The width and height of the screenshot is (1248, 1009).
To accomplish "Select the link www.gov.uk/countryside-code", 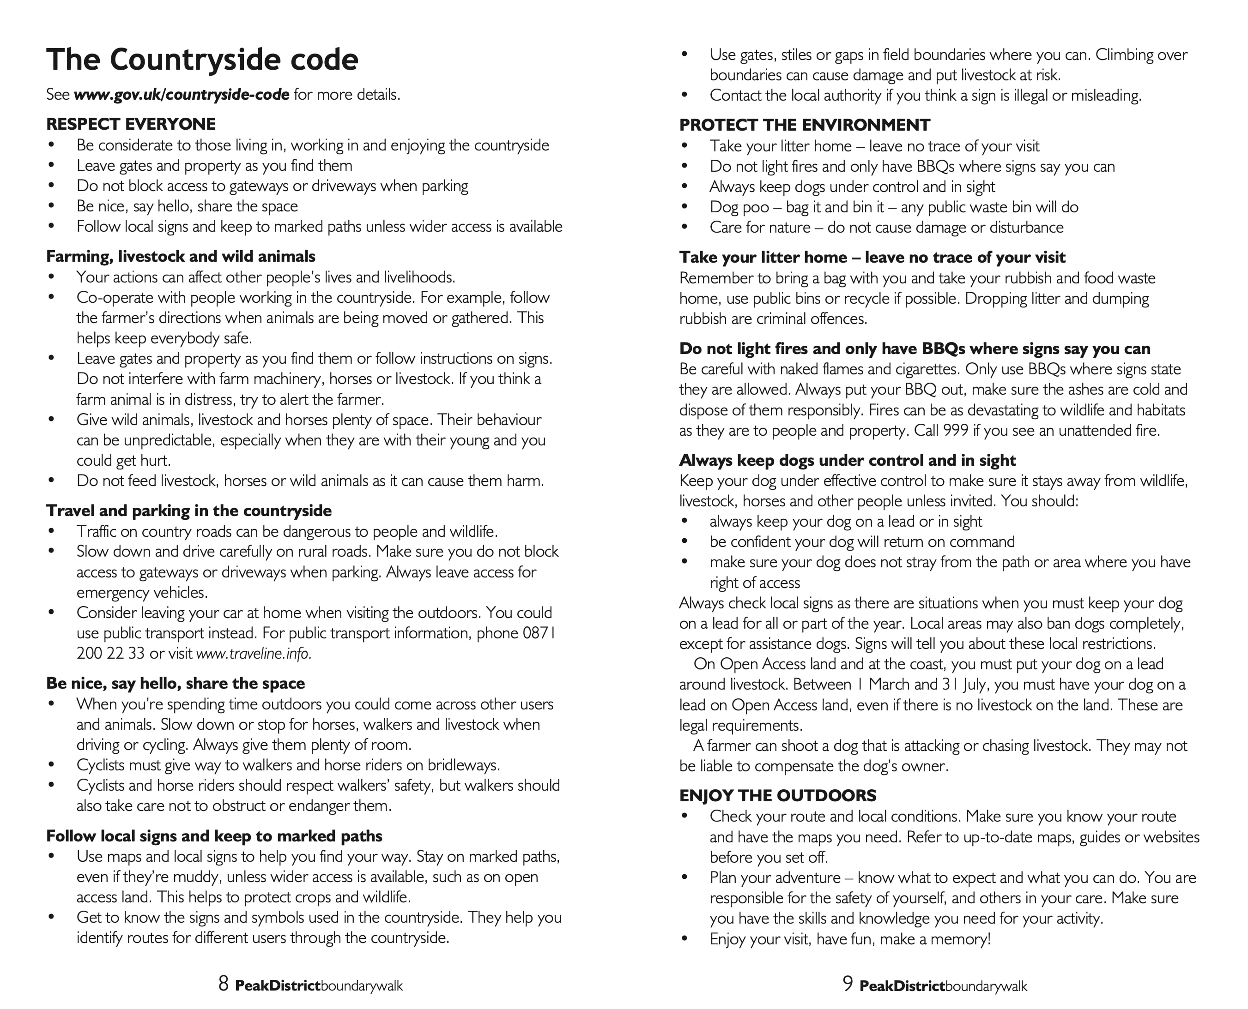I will pos(182,94).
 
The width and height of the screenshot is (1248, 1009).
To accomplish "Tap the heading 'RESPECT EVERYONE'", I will pos(131,124).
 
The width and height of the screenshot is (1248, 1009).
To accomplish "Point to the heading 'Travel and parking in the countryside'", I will pos(189,511).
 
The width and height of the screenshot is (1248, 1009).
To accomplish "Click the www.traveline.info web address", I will pos(254,653).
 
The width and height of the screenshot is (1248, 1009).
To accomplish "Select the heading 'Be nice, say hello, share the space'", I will pos(175,683).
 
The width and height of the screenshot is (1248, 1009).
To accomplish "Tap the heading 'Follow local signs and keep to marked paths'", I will pos(214,836).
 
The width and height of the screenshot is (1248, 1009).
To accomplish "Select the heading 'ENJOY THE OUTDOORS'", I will pos(777,795).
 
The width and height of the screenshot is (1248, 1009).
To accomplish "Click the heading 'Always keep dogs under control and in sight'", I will pos(847,460).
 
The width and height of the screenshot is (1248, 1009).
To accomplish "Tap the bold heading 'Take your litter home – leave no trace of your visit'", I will pos(872,257).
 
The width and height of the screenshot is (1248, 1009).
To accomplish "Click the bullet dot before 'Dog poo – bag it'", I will pos(685,207).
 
